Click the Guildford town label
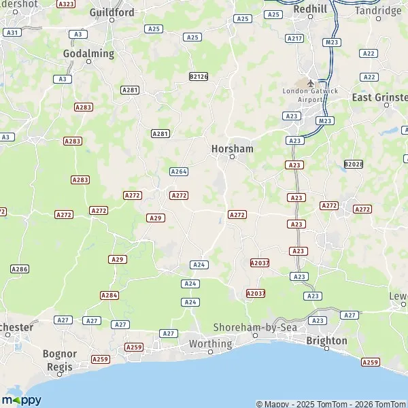[112, 12]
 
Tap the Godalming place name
[88, 52]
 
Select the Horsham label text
[232, 148]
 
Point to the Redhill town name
[309, 9]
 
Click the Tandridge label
[378, 11]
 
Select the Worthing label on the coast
[210, 343]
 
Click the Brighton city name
[326, 340]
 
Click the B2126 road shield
[199, 77]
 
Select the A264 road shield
[179, 171]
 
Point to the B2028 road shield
[353, 165]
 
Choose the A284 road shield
[109, 295]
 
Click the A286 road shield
[20, 269]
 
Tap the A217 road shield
[294, 38]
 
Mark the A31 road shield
[11, 32]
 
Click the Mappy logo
[21, 400]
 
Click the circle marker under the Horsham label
[232, 157]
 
